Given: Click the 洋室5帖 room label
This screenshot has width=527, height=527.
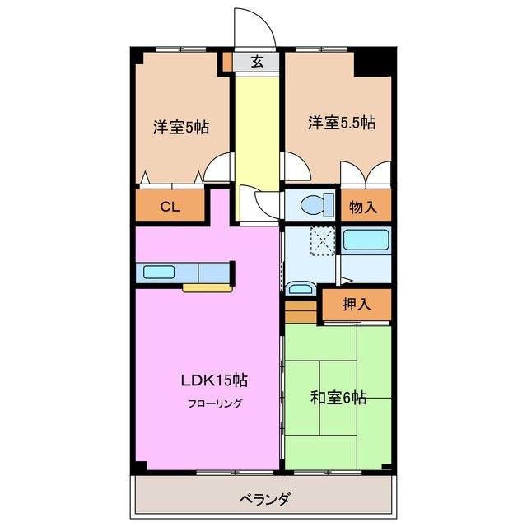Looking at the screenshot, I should [180, 128].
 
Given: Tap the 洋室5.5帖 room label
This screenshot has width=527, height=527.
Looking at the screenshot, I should [342, 123].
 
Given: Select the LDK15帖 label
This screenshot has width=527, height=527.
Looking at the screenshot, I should [214, 380].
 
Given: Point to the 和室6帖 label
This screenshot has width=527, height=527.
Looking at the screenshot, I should [338, 397].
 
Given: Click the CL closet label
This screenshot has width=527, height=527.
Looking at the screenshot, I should [170, 207].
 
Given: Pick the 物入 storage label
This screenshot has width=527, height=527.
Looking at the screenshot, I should [363, 207].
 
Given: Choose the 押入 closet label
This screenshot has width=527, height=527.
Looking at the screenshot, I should [357, 304].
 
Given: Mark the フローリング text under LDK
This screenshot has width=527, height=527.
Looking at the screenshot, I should [213, 403].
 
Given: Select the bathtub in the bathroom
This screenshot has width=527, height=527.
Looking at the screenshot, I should [365, 242].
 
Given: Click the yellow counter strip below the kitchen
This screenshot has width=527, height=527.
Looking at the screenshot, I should [207, 288].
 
